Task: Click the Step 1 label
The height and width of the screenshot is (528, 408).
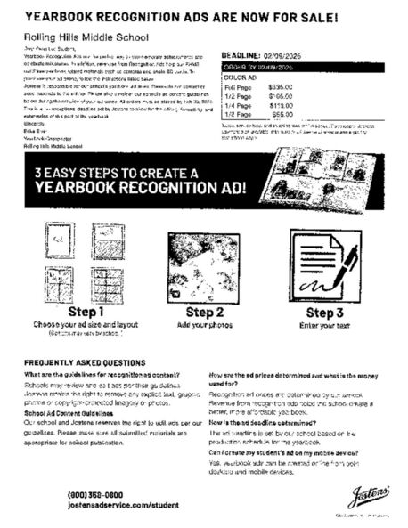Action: click(x=86, y=312)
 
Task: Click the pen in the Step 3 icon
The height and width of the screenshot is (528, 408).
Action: click(x=340, y=264)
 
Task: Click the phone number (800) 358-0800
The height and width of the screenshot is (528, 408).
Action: click(x=95, y=494)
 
